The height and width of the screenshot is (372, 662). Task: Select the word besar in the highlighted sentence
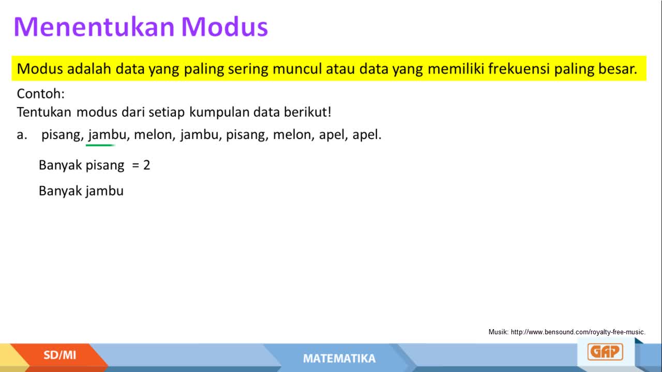point(618,69)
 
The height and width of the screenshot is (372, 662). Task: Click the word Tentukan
point(44,112)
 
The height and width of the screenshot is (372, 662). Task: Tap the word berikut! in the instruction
point(308,112)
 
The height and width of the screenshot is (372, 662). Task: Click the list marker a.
point(22,135)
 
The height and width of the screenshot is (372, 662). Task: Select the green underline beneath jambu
point(100,145)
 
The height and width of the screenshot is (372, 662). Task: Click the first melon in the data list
point(153,135)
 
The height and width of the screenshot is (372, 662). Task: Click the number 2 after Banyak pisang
point(146,165)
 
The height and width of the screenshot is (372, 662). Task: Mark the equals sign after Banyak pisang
point(136,165)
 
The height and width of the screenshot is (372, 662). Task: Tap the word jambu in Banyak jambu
point(104,191)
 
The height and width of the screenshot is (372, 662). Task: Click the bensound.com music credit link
point(578,332)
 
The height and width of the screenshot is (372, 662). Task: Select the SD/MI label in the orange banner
point(59,355)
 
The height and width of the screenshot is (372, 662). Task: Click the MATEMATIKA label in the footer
point(339,359)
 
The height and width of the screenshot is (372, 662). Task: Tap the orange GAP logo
point(605,352)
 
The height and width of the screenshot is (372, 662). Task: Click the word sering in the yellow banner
point(248,69)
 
